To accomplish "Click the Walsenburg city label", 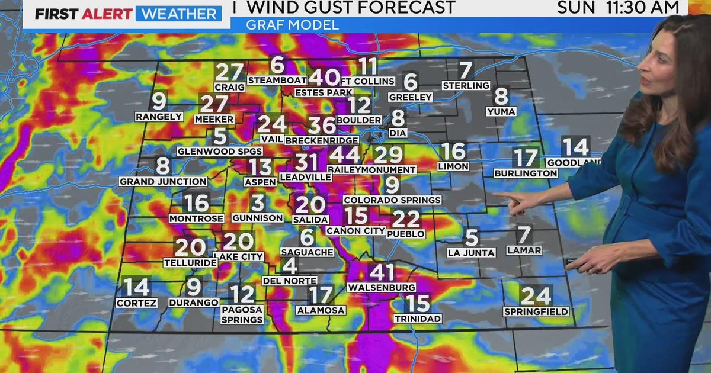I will (381, 288).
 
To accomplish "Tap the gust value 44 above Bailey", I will (344, 155).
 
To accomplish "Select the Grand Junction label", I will (164, 182).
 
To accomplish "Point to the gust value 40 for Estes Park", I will (324, 78).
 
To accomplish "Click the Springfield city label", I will (536, 311).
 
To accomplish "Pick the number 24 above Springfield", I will (536, 295).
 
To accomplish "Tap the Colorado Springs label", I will (392, 200).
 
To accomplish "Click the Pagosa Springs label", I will (242, 314).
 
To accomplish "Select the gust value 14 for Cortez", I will (137, 287).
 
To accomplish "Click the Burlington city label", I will (526, 173).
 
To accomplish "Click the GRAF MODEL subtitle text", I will (293, 25).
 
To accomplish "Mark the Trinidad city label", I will (418, 319).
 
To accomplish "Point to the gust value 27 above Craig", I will (229, 72).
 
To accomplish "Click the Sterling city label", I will (466, 85).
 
